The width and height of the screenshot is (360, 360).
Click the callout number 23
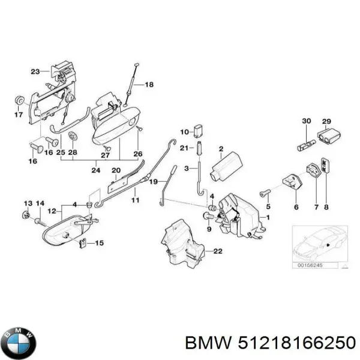35,72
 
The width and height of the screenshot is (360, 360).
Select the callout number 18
149,85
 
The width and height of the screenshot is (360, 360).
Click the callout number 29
326,121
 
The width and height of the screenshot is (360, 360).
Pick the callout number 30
306,121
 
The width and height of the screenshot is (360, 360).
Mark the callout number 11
136,199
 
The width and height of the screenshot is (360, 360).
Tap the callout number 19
154,181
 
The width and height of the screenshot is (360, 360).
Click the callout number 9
209,229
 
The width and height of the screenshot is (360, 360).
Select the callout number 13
28,203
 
